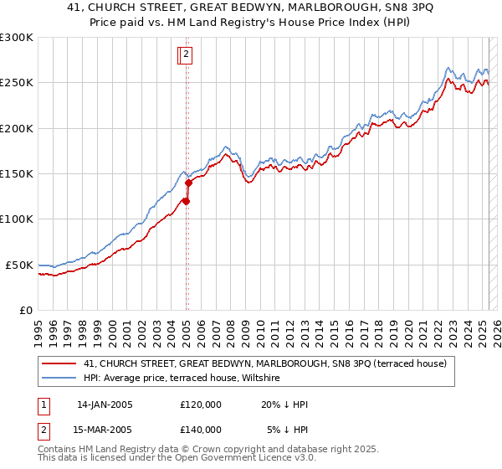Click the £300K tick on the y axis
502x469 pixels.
[x=17, y=38]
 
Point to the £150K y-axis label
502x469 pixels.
[x=17, y=174]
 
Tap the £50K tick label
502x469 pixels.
[x=20, y=265]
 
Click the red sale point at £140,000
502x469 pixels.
[x=188, y=183]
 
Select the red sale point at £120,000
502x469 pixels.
[x=186, y=201]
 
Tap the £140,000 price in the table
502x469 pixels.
[x=200, y=429]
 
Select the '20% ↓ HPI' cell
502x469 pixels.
[x=284, y=405]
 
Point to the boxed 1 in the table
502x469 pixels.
[x=44, y=405]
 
